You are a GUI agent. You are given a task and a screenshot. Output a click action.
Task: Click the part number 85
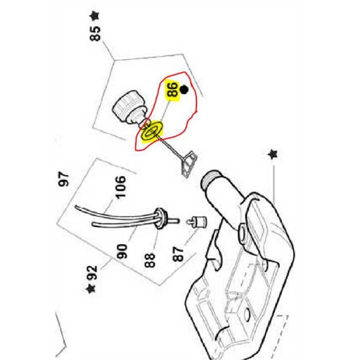point(96,34)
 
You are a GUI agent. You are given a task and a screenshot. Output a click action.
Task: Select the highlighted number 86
point(172,89)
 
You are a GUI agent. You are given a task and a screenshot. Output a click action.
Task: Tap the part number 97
point(64,179)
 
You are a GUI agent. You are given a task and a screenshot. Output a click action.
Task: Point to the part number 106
point(121,187)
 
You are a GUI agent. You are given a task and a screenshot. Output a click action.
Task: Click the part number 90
point(122,251)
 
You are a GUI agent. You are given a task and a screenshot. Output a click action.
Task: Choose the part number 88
point(150,260)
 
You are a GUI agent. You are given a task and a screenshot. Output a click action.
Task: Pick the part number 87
point(179,254)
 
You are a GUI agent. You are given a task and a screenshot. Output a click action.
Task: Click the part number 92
point(92,273)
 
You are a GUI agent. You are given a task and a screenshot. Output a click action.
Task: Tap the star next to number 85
point(94,17)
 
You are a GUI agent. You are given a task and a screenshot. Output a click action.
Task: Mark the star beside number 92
point(91,288)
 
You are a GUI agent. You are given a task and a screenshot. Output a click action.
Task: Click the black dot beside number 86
point(184,89)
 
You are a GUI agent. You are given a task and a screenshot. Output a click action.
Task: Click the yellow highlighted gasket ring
point(152,131)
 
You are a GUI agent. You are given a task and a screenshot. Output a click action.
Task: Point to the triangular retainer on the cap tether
point(188,164)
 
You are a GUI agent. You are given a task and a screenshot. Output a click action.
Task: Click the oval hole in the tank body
point(247,314)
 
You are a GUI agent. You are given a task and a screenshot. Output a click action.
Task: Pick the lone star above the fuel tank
point(273,154)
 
